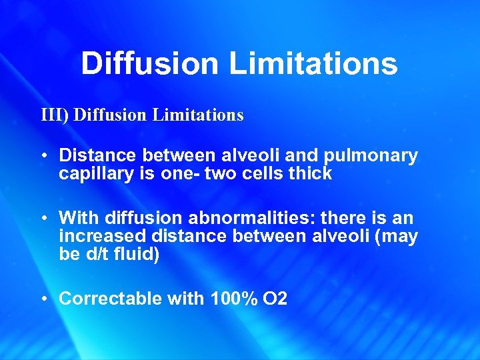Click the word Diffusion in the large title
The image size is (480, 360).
tap(149, 64)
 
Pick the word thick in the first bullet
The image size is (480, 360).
tap(311, 174)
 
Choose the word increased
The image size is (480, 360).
tap(102, 236)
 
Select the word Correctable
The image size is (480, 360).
tap(110, 299)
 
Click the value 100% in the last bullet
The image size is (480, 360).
tap(231, 299)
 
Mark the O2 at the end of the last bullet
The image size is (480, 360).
tap(275, 299)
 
